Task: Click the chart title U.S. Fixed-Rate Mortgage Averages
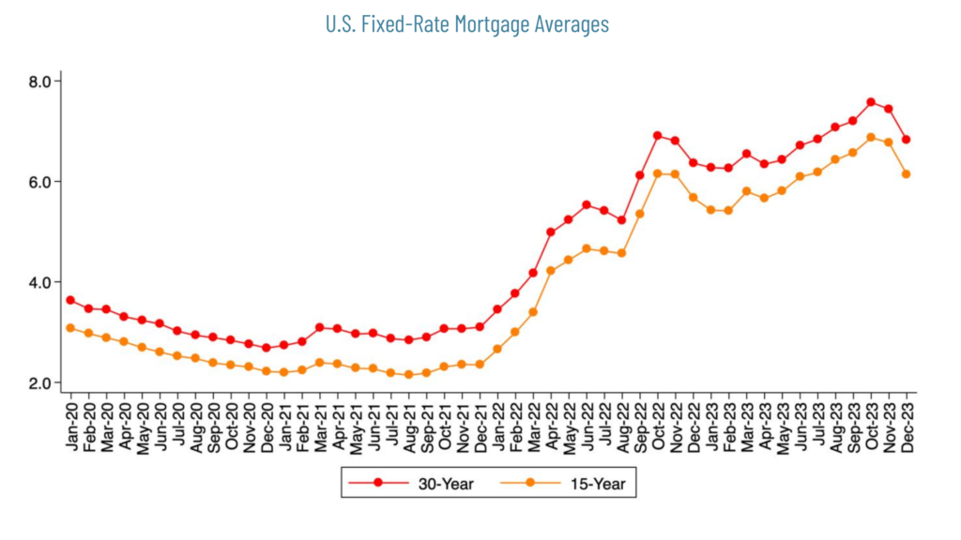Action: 466,24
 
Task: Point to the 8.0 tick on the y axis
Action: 40,82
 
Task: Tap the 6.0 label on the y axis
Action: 40,182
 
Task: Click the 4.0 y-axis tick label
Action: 40,282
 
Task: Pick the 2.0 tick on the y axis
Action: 40,382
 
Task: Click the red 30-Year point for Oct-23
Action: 871,102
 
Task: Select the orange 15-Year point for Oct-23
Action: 871,137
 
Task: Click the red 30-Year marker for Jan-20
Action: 70,300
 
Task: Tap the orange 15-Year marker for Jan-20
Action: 70,327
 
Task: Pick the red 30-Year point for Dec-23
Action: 907,140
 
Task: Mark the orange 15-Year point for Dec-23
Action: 907,174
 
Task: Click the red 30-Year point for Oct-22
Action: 657,136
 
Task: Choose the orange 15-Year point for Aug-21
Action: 408,375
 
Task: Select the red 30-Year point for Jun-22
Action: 587,204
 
